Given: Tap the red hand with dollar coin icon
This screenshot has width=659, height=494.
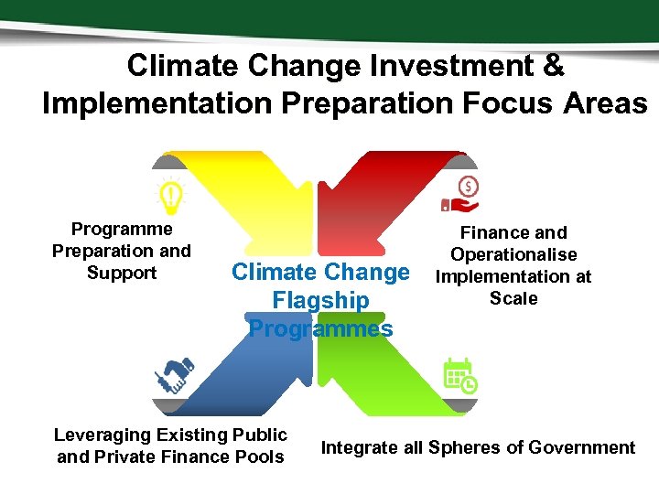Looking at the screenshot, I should click(x=462, y=194).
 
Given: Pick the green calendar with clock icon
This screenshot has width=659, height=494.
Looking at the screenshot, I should click(x=459, y=375).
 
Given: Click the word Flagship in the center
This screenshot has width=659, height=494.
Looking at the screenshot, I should click(x=320, y=300).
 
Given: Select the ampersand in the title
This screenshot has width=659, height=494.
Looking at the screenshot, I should click(x=553, y=66).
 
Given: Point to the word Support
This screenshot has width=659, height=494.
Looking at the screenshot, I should click(x=122, y=273).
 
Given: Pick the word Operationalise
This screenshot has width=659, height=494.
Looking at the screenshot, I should click(x=513, y=254).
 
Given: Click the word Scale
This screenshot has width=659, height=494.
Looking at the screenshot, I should click(x=513, y=298).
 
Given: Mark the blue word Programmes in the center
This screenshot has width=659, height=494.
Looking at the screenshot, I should click(x=320, y=328).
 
